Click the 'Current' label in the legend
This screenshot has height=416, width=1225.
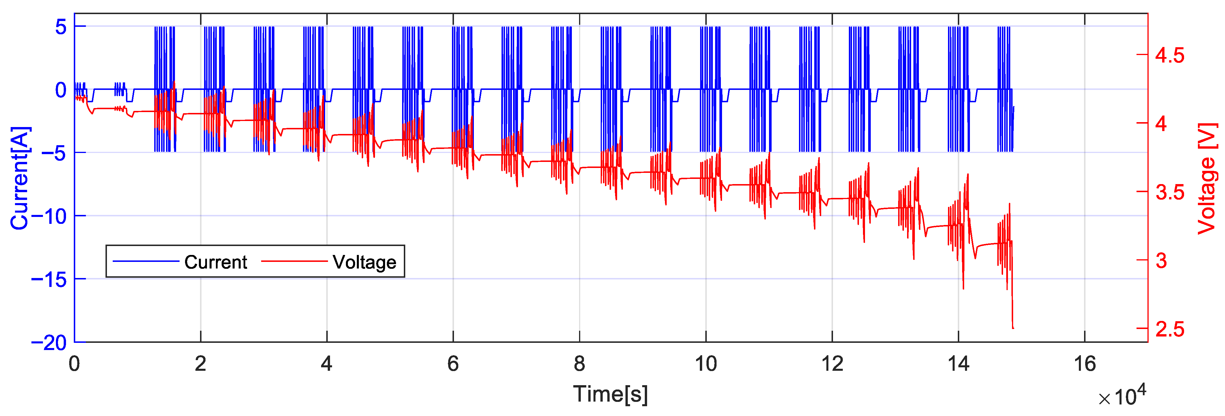click(215, 262)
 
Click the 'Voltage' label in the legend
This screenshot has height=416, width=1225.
click(364, 262)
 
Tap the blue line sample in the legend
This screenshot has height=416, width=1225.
click(146, 261)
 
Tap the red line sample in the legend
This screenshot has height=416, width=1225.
click(294, 261)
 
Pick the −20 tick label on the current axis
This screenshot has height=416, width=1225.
click(49, 343)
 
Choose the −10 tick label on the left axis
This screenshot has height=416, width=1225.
click(49, 216)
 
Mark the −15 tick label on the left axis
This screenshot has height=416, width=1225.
click(49, 279)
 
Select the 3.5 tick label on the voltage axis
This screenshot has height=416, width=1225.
click(1170, 192)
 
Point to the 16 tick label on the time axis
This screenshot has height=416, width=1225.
click(1085, 364)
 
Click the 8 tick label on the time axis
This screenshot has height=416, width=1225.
click(579, 364)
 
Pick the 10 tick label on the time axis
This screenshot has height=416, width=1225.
click(706, 364)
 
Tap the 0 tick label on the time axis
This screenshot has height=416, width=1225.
click(74, 364)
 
